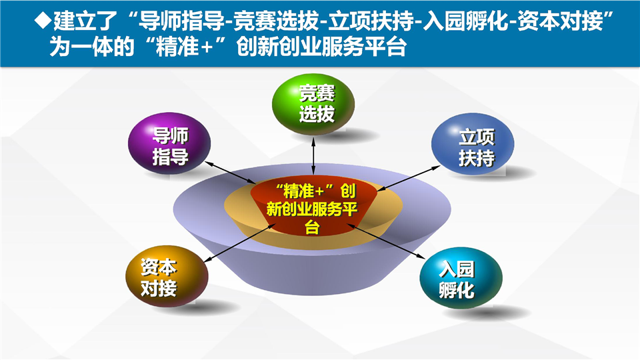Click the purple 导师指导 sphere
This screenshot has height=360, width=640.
pos(169,145)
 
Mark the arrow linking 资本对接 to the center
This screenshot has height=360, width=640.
pos(237,246)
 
